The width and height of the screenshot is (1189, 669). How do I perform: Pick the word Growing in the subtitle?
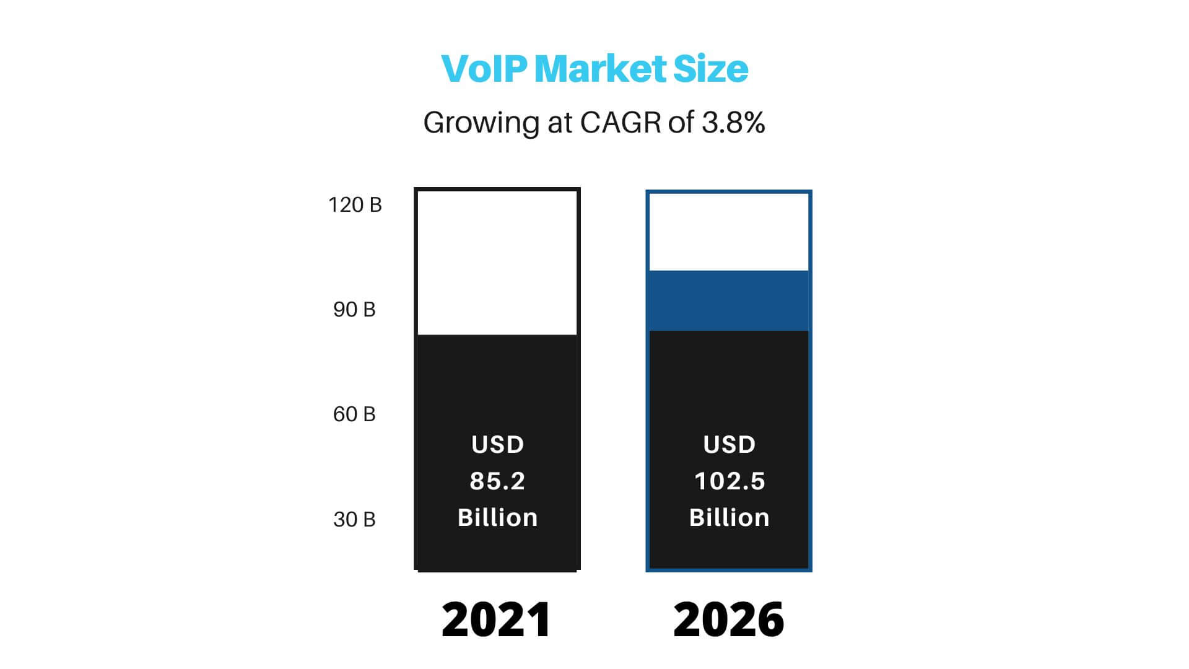coord(481,123)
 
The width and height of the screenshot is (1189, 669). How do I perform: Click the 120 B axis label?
coord(355,205)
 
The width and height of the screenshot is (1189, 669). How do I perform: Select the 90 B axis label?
coord(354,310)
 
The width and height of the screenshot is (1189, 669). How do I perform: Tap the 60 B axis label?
coord(354,414)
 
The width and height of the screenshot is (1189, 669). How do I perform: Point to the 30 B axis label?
coord(354,520)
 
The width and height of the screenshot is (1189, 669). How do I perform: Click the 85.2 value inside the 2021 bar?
coord(497,481)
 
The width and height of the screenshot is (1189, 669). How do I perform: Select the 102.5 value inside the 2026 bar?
coord(730,481)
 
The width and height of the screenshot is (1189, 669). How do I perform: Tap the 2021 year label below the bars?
coord(497,619)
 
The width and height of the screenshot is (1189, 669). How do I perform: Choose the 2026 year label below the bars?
coord(729,619)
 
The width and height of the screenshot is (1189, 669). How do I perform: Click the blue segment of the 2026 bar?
coord(729,300)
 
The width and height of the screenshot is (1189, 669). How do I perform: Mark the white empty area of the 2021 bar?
coord(497,263)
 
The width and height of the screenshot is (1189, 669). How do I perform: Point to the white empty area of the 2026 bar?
coord(729,232)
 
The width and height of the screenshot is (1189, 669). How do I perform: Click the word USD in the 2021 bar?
coord(497,445)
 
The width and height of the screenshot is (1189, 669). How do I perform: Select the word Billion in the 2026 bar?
coord(729,518)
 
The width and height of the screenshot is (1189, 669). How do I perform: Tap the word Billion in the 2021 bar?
coord(497,518)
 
